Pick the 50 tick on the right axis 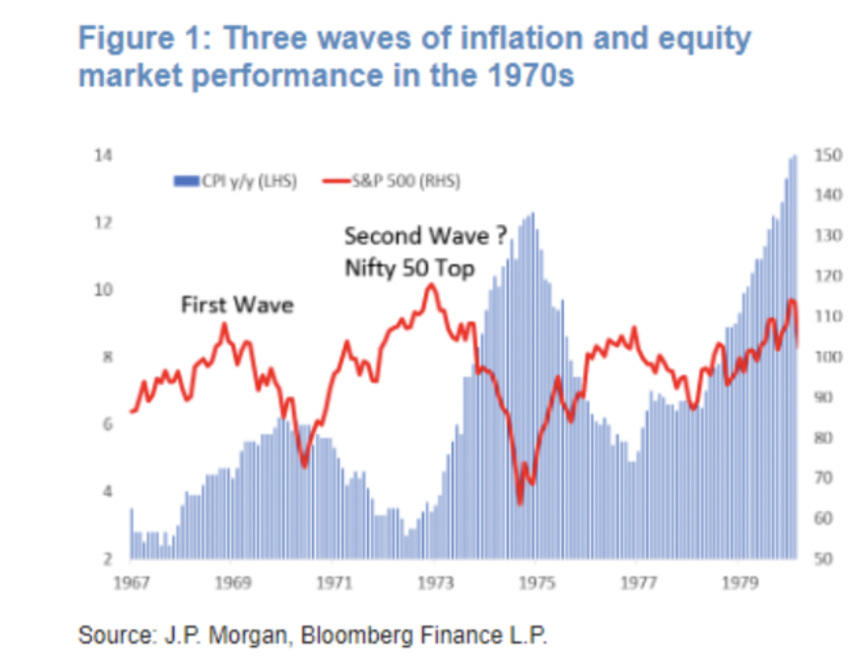[x=825, y=559]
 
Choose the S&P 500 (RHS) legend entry [x=393, y=180]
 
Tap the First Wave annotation [x=236, y=305]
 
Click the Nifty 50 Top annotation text [x=409, y=269]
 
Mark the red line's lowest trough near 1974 [x=519, y=502]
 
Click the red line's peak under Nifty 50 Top [x=432, y=285]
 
